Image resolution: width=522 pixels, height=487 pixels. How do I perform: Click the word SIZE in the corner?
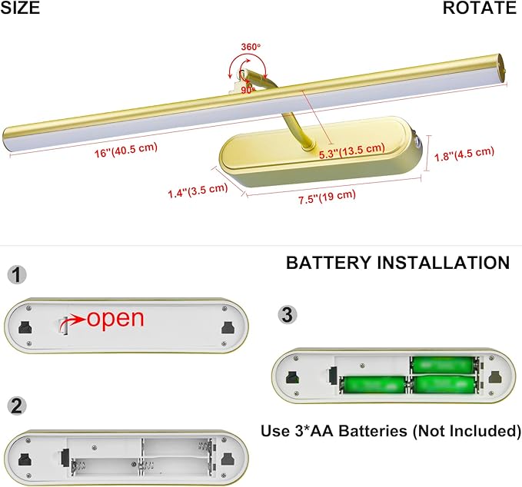coord(20,8)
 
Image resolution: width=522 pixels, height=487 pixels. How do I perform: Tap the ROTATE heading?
coord(480,8)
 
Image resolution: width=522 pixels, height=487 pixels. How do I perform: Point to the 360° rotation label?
coord(251,47)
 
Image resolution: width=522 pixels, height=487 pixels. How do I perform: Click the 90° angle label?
coord(248,90)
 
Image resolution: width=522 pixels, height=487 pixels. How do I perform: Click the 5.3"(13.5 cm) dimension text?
coord(352,151)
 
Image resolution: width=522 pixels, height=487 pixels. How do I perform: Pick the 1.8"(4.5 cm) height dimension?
coord(464,154)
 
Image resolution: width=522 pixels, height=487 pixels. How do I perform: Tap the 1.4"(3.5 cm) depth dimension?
coord(198,190)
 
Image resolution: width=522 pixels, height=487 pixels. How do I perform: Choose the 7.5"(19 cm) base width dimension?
coord(327,197)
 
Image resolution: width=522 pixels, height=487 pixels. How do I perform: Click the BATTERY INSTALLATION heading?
coord(397,263)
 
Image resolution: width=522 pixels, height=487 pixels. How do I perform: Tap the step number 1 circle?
coord(17,275)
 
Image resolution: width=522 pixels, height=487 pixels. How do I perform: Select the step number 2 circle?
coord(17,406)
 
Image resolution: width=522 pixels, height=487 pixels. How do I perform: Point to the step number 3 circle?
coord(288,315)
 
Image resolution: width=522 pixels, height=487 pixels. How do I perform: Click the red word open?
coord(115,319)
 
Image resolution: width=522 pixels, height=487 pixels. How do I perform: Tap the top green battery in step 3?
coord(443,366)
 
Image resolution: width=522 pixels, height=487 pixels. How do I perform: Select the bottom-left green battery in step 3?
coord(374,385)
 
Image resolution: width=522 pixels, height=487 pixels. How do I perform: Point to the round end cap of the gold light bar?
coord(502,71)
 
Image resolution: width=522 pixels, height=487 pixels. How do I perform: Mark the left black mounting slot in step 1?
coord(25,327)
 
